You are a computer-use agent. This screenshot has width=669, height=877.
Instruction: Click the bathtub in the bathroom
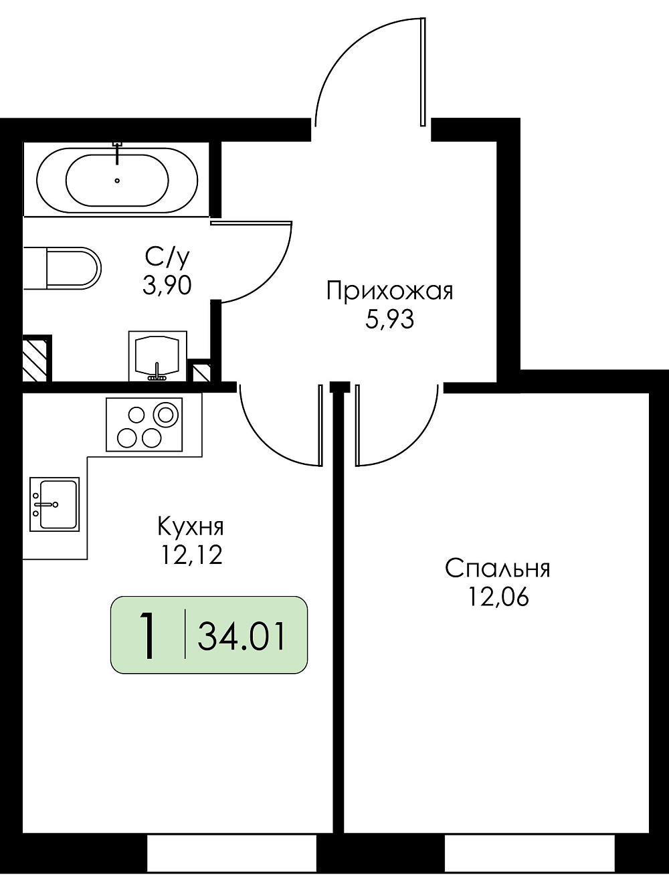pos(116,179)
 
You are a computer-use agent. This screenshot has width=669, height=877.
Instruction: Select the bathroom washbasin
pos(158,356)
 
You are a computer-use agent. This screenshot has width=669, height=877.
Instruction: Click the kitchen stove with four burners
pos(144,424)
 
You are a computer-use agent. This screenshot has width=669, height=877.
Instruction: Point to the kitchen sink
pos(54,504)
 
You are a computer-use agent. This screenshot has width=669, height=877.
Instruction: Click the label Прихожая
pos(390,291)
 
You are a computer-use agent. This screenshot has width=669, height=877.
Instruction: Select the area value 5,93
pos(389,320)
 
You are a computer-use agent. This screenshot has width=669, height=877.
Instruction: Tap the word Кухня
pos(191,527)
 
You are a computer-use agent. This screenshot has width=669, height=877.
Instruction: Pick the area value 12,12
pos(191,555)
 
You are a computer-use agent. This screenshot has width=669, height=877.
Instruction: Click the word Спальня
pos(498,569)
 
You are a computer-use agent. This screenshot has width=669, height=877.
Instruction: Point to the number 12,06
pos(498,597)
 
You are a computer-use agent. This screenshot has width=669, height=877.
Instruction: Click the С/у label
pos(166,257)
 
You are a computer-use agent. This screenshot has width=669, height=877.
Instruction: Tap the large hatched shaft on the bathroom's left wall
pos(36,359)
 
